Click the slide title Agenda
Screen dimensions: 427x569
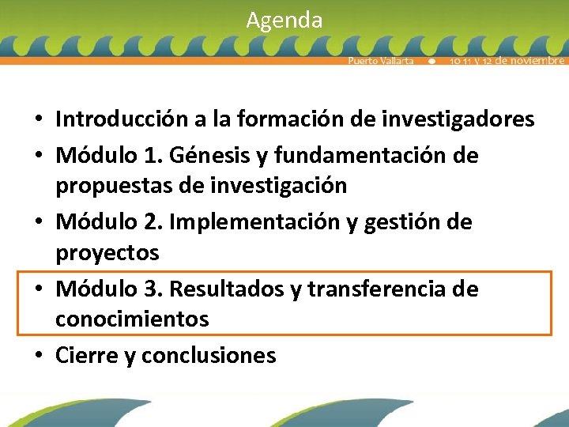284,20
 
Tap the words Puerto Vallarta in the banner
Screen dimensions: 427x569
381,61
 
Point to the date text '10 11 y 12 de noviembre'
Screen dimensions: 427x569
507,61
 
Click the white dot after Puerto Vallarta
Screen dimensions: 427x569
431,61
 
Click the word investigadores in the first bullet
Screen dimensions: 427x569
460,119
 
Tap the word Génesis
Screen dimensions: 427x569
222,155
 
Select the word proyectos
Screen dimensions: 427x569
107,253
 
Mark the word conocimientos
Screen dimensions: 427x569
132,319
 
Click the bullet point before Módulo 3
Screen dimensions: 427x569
38,290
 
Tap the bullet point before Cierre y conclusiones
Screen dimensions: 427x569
38,357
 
